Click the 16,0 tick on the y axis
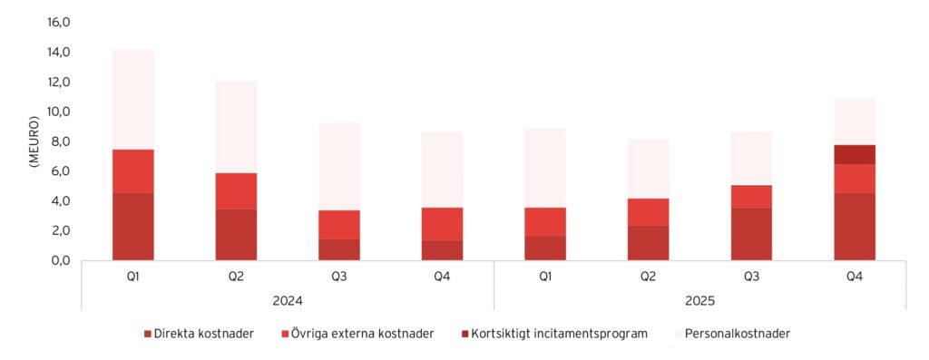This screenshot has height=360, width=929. [59, 23]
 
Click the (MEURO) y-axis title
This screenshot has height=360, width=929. [34, 141]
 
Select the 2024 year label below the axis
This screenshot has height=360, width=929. [288, 299]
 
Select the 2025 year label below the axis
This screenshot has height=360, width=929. [699, 299]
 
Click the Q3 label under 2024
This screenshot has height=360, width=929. [339, 275]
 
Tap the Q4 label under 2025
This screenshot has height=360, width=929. [854, 275]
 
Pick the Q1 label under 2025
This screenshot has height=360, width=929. [545, 275]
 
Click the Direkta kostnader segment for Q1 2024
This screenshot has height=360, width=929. [133, 226]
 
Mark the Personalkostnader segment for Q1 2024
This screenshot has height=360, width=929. [133, 100]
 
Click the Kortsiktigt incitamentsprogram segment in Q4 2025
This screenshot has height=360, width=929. [854, 154]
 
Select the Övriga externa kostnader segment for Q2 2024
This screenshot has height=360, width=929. [236, 191]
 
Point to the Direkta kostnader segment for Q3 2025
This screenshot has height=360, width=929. [751, 234]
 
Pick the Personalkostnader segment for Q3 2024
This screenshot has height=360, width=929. [339, 167]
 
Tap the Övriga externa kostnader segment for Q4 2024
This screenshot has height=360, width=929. [442, 224]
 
